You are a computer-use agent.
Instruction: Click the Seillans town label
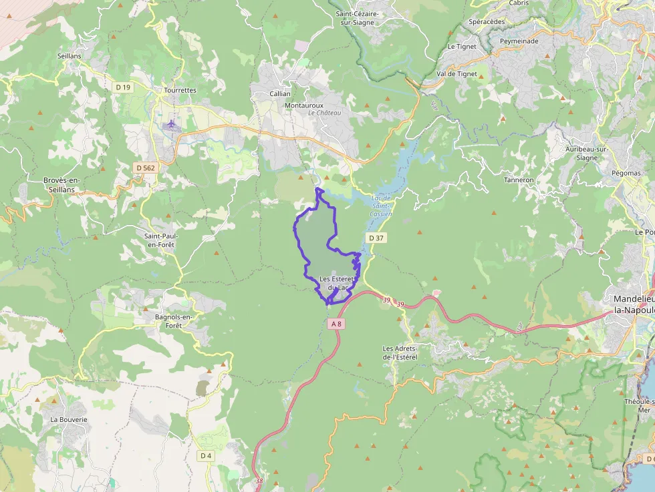[70, 56]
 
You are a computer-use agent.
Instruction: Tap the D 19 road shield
[122, 87]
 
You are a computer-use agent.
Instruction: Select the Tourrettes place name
[180, 90]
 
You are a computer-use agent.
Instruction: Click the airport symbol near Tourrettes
[172, 124]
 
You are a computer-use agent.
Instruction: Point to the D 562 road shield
[145, 168]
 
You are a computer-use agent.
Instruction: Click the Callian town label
[280, 94]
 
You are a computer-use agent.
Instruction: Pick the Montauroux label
[303, 105]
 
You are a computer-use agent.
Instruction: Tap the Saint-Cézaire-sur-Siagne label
[358, 17]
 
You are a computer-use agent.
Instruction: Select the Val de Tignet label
[456, 74]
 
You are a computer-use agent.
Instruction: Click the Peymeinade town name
[519, 41]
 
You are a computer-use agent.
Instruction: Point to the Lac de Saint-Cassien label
[381, 206]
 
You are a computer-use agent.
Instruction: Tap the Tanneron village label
[519, 180]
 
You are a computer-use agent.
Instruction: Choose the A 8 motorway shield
[336, 324]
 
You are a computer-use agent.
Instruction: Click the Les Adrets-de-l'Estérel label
[400, 352]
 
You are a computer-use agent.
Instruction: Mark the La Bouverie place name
[69, 419]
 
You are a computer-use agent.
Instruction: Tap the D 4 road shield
[205, 455]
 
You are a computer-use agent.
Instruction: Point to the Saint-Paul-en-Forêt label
[161, 240]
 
